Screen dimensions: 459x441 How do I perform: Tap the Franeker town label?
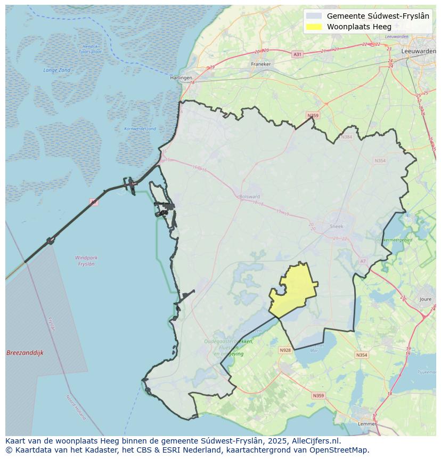click(x=261, y=64)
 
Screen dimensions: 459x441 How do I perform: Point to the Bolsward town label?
click(x=249, y=196)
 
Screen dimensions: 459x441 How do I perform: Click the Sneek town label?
click(x=337, y=226)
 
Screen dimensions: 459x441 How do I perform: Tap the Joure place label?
click(x=425, y=300)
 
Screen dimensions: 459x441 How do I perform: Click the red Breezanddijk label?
click(x=25, y=353)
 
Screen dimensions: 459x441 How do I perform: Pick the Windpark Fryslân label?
click(x=86, y=261)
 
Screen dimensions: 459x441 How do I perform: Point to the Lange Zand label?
click(x=57, y=70)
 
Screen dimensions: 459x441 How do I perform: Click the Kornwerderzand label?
click(x=140, y=128)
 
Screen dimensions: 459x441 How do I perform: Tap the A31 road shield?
click(x=297, y=54)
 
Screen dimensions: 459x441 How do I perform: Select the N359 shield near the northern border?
click(x=313, y=116)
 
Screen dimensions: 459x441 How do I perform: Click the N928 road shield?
click(x=285, y=350)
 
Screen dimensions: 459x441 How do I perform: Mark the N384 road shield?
click(x=347, y=137)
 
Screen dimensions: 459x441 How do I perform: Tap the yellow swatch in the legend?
click(x=315, y=27)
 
